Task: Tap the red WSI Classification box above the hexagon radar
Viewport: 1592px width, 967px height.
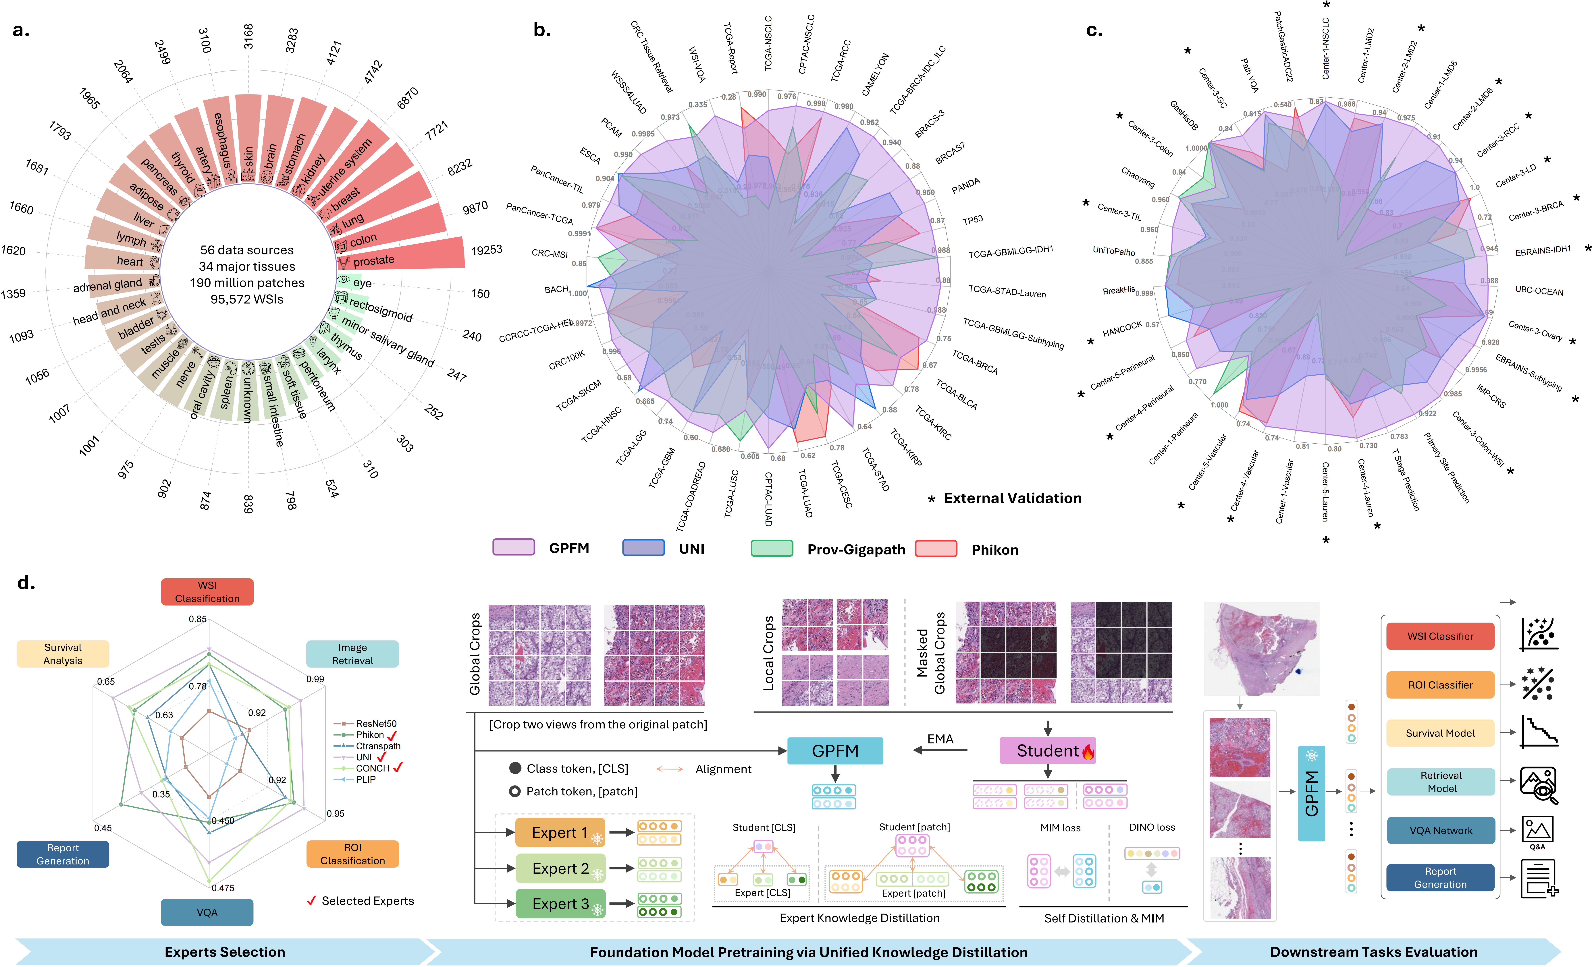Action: point(207,592)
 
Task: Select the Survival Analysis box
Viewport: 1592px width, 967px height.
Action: point(63,654)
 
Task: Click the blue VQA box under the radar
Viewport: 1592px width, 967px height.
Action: point(207,912)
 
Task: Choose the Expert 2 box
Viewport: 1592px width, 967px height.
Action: point(560,868)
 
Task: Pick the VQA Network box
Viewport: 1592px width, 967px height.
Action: point(1440,831)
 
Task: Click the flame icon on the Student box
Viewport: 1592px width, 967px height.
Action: point(1088,751)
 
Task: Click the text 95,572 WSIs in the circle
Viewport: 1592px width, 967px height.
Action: point(247,299)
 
